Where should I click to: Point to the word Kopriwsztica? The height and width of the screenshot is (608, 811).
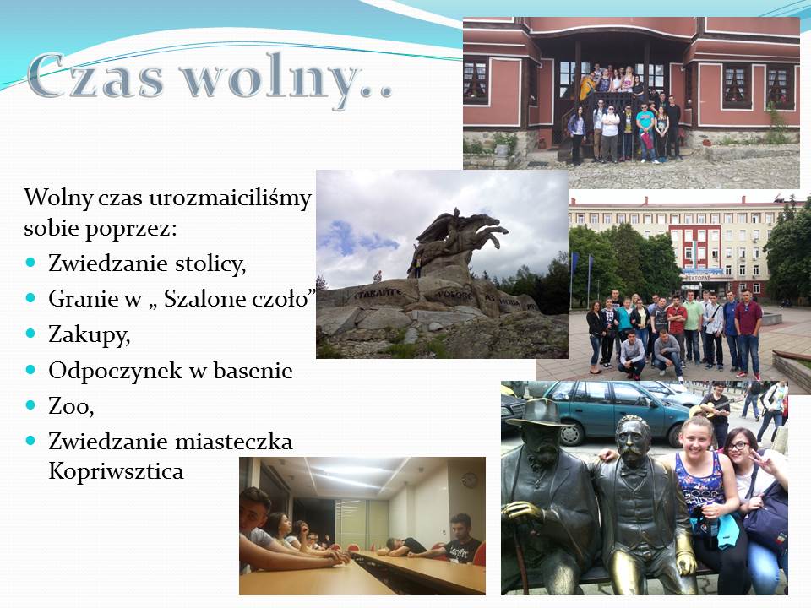click(x=116, y=471)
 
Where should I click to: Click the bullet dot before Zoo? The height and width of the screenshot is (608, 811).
click(x=31, y=404)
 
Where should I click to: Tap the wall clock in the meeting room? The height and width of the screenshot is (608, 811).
click(x=468, y=480)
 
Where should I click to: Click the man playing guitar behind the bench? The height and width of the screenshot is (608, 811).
click(x=716, y=409)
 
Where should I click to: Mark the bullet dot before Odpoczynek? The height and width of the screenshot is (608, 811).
click(x=31, y=370)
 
